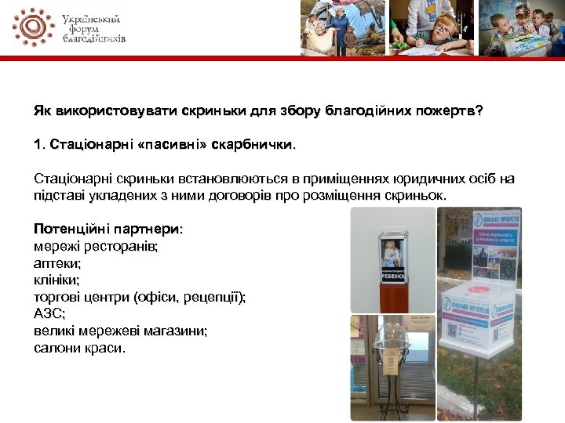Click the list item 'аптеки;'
[x=56, y=263]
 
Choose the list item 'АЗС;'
[x=49, y=313]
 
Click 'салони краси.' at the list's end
[x=79, y=347]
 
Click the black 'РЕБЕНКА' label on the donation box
[x=392, y=275]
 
